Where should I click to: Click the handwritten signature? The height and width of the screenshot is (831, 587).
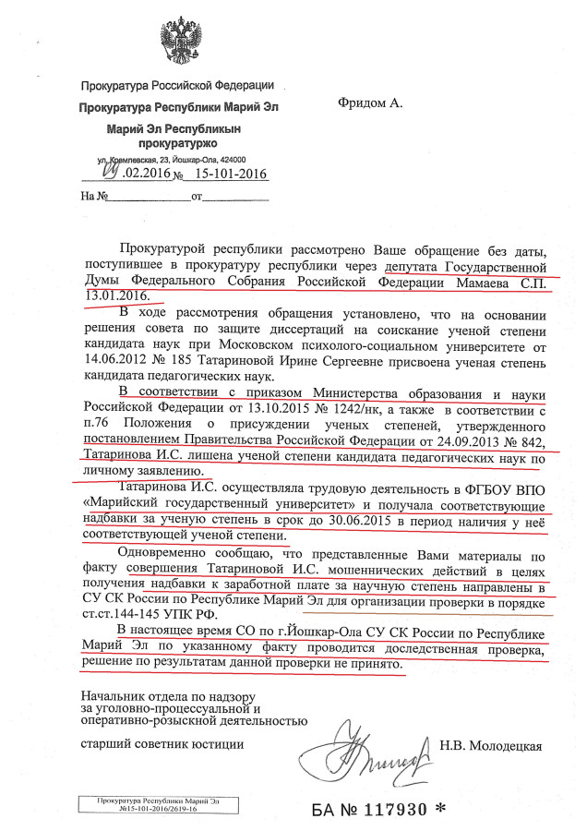tap(374, 750)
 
